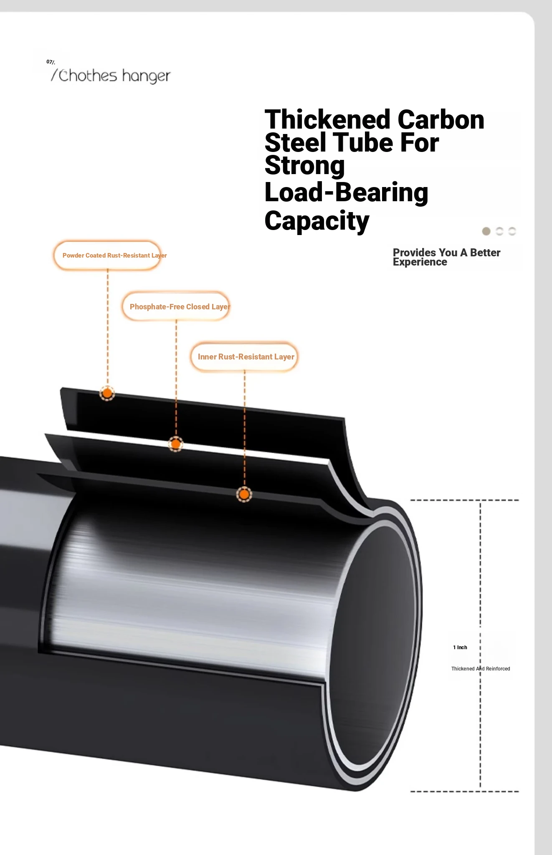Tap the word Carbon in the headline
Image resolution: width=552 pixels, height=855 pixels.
click(x=441, y=119)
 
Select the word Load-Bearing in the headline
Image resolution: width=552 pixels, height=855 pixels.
click(x=347, y=192)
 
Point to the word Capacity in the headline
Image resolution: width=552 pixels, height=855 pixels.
click(x=317, y=221)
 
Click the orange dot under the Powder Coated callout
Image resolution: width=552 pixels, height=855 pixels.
click(x=107, y=393)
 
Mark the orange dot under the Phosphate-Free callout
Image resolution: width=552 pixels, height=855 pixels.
click(x=176, y=444)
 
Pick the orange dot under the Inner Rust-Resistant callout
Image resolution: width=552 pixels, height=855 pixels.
click(x=244, y=495)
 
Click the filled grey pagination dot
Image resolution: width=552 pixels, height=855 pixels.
click(x=486, y=231)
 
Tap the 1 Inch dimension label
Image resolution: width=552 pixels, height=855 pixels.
click(x=460, y=648)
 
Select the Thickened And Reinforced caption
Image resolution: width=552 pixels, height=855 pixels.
click(x=481, y=669)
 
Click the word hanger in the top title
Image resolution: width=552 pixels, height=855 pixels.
click(x=146, y=76)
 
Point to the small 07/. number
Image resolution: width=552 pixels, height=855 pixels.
click(x=51, y=62)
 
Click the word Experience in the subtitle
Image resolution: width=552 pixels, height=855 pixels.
click(x=420, y=262)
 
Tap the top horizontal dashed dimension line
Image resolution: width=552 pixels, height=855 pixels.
click(x=465, y=500)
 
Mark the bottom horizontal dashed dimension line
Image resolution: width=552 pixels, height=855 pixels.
click(x=465, y=792)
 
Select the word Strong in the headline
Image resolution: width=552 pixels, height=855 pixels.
click(x=305, y=166)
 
